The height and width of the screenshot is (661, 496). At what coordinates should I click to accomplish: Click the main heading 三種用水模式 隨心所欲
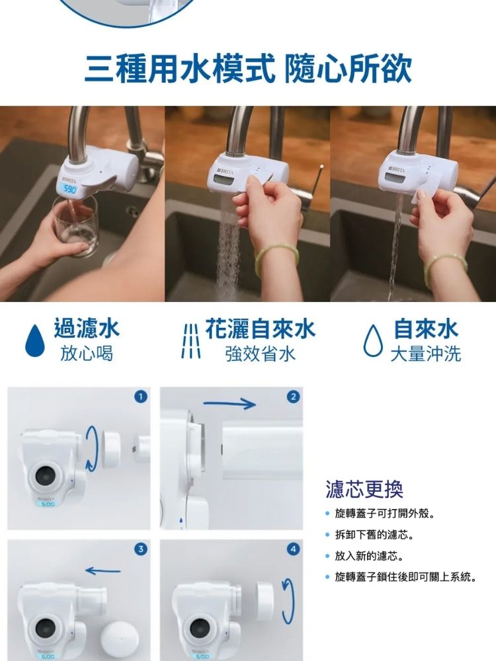[x=248, y=69]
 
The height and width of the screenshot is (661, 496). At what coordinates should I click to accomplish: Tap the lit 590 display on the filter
[x=69, y=189]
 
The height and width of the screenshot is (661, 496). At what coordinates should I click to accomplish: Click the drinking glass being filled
[x=76, y=225]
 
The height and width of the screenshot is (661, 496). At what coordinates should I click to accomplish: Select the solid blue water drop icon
[x=34, y=340]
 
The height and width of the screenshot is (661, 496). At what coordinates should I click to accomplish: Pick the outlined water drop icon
[x=373, y=340]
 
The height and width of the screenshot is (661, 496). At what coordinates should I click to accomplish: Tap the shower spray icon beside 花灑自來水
[x=190, y=341]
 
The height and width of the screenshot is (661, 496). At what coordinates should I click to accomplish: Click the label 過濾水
[x=87, y=329]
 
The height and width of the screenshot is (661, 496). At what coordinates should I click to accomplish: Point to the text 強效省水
[x=260, y=354]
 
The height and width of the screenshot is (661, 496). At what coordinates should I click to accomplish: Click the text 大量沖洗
[x=425, y=354]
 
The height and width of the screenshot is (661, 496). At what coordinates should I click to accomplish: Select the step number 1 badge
[x=140, y=397]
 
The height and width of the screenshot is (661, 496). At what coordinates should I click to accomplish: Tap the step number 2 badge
[x=294, y=397]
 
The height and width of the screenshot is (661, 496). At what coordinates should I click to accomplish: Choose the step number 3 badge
[x=140, y=549]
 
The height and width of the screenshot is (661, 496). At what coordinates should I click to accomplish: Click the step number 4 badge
[x=294, y=549]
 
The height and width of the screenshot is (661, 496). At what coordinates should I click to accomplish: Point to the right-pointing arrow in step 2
[x=229, y=404]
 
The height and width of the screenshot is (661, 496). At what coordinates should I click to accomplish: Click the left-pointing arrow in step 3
[x=103, y=571]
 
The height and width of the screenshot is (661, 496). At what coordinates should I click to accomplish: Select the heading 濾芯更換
[x=364, y=489]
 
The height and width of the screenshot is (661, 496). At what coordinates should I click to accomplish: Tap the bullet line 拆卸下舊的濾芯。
[x=374, y=535]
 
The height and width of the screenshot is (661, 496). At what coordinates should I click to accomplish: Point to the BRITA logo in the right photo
[x=397, y=171]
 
